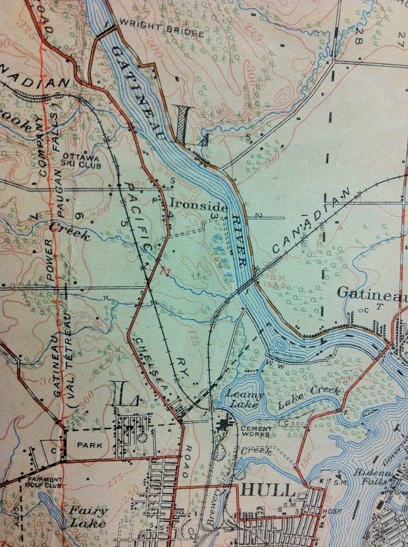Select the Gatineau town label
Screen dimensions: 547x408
(x=371, y=292)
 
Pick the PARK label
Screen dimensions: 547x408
(x=89, y=446)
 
